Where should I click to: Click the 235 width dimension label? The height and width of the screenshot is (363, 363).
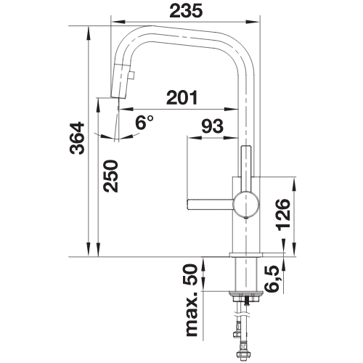[x=186, y=11]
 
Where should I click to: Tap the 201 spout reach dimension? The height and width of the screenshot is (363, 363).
[x=182, y=97]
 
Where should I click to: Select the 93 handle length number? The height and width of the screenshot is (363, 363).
[x=213, y=126]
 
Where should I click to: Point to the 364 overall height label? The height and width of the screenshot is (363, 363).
[x=77, y=139]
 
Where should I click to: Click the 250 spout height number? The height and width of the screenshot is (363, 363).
[x=110, y=176]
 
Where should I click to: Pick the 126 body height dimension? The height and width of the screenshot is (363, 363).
[x=282, y=215]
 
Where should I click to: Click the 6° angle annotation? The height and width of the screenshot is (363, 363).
[x=144, y=122]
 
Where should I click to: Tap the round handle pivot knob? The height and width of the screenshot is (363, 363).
[x=246, y=203]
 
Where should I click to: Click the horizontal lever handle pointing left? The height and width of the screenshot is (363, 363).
[x=211, y=203]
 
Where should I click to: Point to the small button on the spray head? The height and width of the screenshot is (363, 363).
[x=132, y=75]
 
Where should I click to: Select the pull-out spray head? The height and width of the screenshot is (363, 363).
[x=121, y=81]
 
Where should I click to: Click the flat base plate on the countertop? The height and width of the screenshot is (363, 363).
[x=246, y=255]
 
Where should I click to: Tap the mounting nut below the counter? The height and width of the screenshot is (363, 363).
[x=245, y=296]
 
